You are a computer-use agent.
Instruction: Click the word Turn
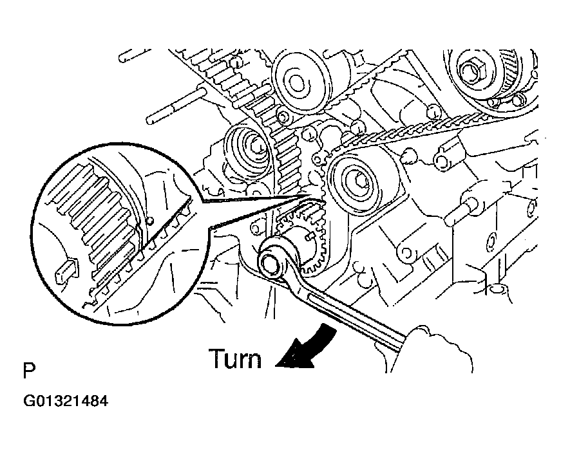(x=234, y=358)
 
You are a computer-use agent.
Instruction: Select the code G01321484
(x=66, y=402)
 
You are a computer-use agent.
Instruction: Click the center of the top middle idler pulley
(x=297, y=82)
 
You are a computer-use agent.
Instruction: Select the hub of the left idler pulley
(x=249, y=145)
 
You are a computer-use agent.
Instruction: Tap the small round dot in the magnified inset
(x=149, y=221)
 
